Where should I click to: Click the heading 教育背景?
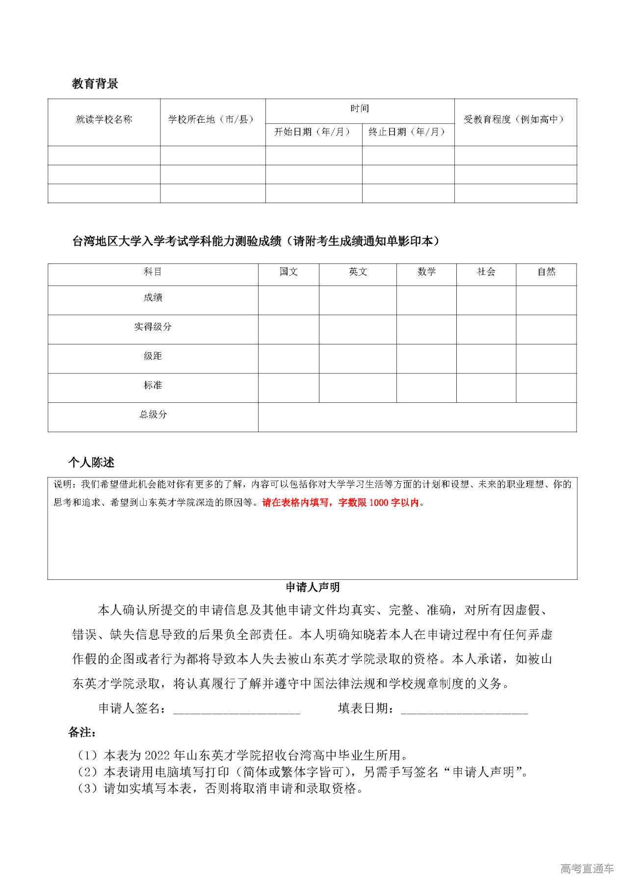tap(95, 83)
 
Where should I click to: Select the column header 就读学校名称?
tap(104, 119)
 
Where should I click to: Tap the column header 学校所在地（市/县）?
tap(212, 119)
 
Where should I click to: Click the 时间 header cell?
tap(360, 108)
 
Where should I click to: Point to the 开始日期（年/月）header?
tap(313, 131)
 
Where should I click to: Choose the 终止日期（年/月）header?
tap(408, 131)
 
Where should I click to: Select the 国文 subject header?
tap(288, 272)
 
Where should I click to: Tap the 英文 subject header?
tap(358, 272)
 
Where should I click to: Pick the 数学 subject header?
tap(426, 272)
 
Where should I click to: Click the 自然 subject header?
tap(546, 272)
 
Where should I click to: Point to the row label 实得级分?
tap(153, 327)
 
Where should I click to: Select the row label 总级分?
tap(153, 415)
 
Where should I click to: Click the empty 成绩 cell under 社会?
tap(486, 300)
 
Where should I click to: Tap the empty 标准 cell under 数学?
tap(426, 388)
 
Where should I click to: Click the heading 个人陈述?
tap(91, 463)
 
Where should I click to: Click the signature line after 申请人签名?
tap(236, 709)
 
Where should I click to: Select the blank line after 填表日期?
tap(464, 709)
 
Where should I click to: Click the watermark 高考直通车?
tap(587, 869)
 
